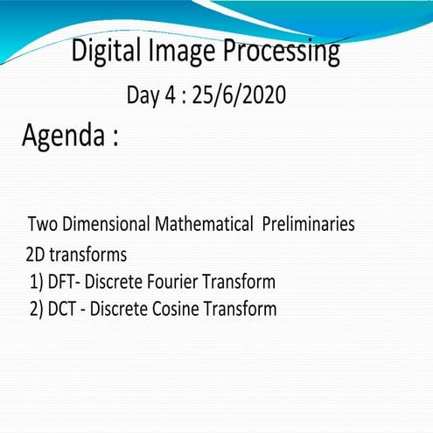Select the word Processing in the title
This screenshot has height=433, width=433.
tap(280, 52)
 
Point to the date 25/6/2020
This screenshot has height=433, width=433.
tap(239, 94)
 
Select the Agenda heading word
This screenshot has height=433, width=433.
tap(61, 137)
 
